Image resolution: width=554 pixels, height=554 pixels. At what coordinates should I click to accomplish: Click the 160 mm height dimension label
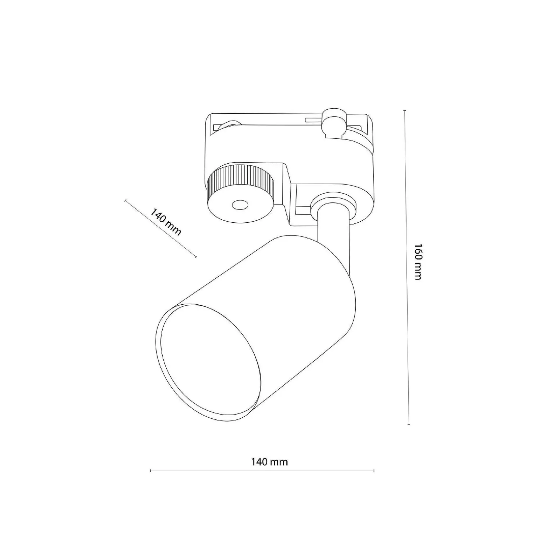[417, 262]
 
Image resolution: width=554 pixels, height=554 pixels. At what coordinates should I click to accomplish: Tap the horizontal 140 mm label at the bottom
[270, 462]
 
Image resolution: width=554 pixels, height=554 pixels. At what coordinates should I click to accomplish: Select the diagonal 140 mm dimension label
[165, 221]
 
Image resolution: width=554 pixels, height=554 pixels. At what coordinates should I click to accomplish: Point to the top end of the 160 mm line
[405, 110]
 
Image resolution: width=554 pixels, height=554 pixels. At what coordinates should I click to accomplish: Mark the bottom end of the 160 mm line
[409, 424]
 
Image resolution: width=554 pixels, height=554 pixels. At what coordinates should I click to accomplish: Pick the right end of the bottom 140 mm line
[374, 470]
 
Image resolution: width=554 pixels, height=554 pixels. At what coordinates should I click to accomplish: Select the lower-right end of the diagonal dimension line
[196, 257]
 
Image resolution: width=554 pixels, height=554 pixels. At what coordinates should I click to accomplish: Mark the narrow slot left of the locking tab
[313, 119]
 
